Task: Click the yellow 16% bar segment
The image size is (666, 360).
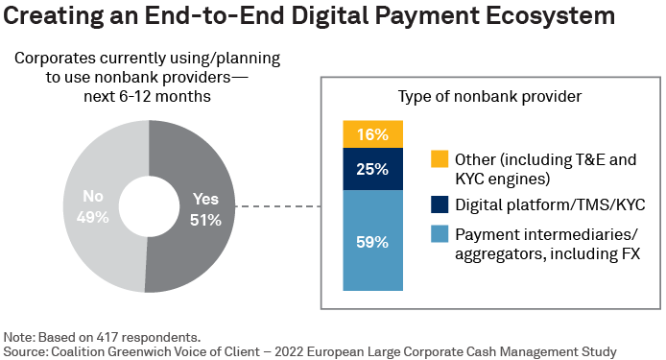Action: (372, 134)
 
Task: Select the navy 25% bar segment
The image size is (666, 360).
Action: (372, 169)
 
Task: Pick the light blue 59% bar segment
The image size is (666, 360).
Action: (372, 241)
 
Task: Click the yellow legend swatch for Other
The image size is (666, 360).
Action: (440, 158)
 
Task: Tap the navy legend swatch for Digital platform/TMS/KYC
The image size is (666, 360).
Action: (440, 204)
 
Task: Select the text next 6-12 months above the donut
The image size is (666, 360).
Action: (147, 97)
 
